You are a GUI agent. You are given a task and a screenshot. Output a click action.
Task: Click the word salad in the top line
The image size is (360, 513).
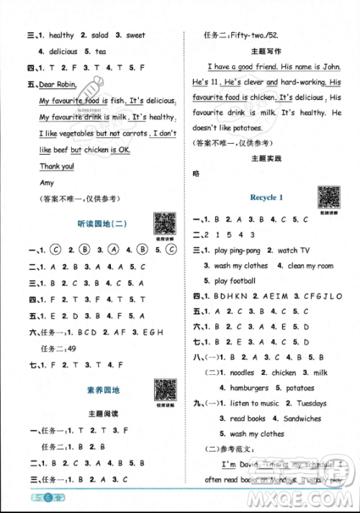pyautogui.click(x=101, y=35)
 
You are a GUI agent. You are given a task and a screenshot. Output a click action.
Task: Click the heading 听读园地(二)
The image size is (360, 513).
pyautogui.click(x=102, y=224)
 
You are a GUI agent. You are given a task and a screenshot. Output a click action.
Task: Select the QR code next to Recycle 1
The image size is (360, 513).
pyautogui.click(x=329, y=196)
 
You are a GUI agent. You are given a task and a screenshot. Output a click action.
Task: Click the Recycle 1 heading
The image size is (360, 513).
pyautogui.click(x=266, y=197)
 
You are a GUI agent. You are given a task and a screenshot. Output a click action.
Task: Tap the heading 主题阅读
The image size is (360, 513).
pyautogui.click(x=102, y=414)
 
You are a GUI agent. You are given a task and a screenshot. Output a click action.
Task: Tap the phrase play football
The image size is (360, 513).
pyautogui.click(x=235, y=281)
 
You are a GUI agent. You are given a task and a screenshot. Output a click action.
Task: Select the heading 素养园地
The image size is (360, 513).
pyautogui.click(x=102, y=391)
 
